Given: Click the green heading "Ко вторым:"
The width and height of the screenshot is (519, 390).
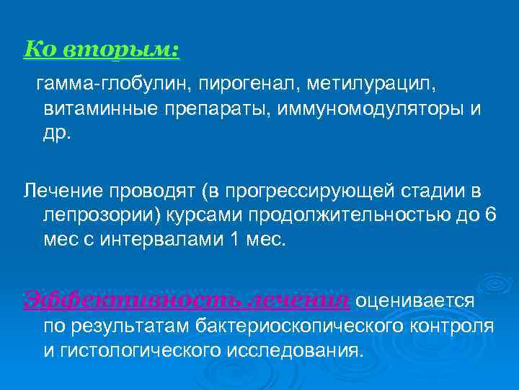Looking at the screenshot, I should tap(102, 50).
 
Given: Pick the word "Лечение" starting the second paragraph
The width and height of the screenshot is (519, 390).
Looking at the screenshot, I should tap(63, 191).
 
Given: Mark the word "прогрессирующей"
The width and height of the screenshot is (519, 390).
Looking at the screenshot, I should tap(303, 191).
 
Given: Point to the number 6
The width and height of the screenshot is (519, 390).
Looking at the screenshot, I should tap(491, 214).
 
